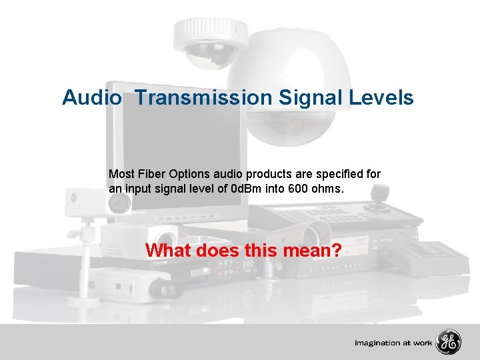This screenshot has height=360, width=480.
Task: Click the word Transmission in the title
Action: tap(203, 98)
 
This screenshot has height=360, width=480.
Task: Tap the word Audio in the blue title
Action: tap(92, 98)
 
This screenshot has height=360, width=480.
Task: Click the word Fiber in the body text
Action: tap(149, 174)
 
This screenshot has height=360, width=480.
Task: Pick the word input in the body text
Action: tap(137, 189)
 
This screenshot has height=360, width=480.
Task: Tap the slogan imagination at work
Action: tap(393, 343)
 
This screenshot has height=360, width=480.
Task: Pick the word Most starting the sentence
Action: tap(121, 174)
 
